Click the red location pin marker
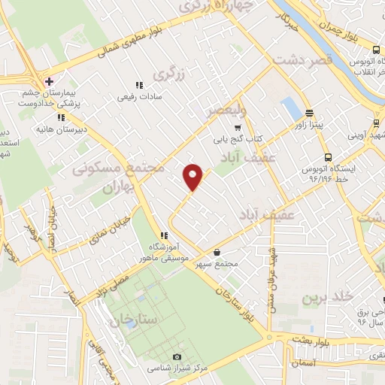click(x=194, y=177)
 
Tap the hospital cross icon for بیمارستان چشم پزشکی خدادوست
click(x=49, y=80)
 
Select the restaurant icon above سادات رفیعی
click(x=138, y=86)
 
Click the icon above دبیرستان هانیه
click(x=61, y=117)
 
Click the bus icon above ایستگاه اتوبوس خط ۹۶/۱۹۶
click(x=328, y=157)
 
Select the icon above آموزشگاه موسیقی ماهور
click(x=164, y=236)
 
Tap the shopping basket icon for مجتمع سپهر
click(x=217, y=253)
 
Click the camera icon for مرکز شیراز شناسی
click(x=177, y=356)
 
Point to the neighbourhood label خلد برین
click(x=327, y=297)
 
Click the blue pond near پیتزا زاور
click(x=290, y=108)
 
